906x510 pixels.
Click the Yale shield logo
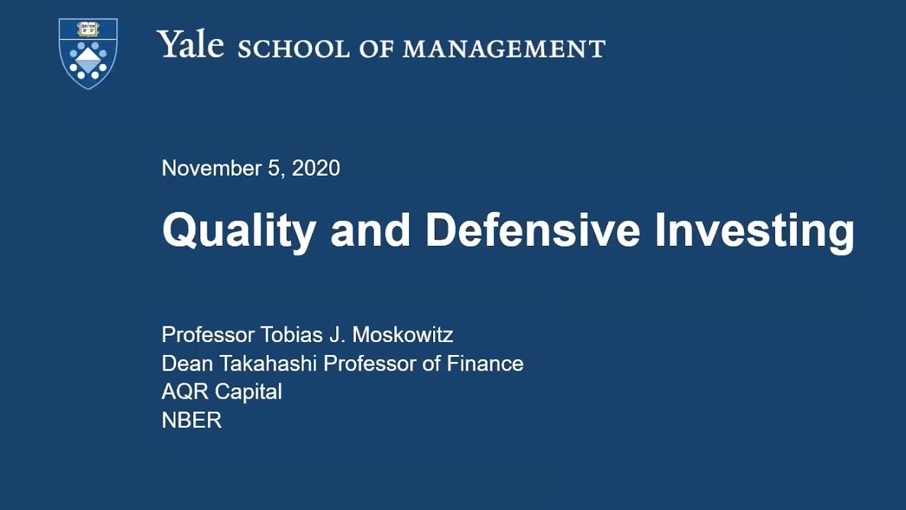coord(88,54)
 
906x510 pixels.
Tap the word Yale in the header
coord(190,45)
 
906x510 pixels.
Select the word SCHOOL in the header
coord(294,49)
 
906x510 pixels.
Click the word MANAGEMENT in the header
coord(504,49)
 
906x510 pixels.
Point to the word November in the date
coord(212,169)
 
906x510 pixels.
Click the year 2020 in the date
coord(316,169)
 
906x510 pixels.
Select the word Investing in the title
coord(755,231)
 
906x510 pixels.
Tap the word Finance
coord(485,363)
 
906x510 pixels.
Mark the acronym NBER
coord(192,420)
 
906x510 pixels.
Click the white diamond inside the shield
coord(88,58)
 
